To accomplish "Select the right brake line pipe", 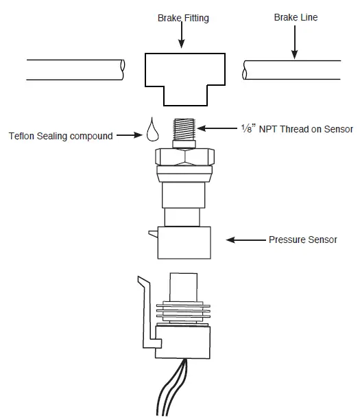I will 291,69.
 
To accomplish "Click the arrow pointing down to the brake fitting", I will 182,38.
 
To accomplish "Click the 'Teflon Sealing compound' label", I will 60,136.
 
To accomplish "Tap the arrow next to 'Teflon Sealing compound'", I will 130,136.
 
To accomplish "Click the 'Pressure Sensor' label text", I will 302,240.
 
